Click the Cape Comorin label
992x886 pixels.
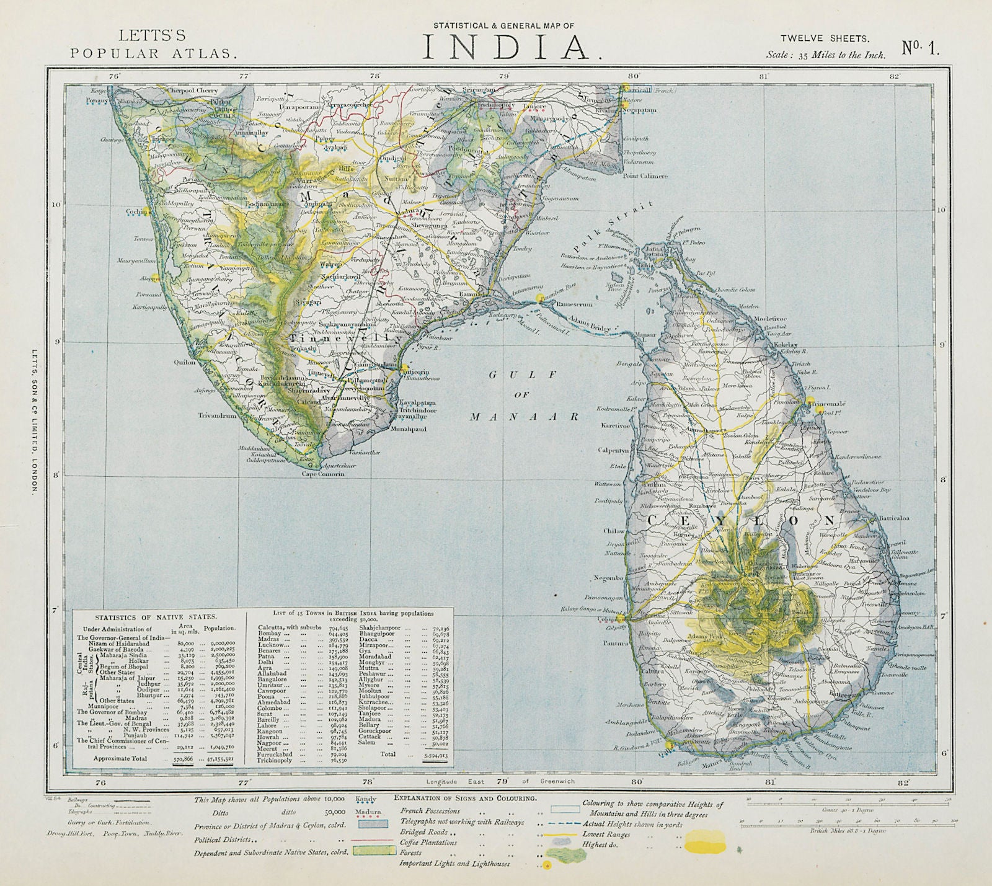[322, 474]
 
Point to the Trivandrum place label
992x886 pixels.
[218, 416]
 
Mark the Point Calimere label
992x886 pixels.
[645, 176]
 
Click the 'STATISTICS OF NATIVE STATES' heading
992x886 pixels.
[155, 616]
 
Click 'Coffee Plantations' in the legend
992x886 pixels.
[428, 843]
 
